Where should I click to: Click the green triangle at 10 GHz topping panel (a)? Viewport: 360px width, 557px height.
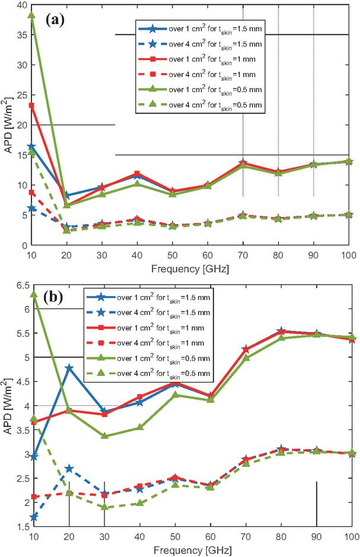pos(31,15)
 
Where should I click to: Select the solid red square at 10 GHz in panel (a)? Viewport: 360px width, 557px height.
pos(31,106)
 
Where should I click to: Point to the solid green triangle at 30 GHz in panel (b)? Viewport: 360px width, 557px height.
pos(104,436)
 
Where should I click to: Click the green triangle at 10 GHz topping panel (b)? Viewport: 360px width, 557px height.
pos(31,294)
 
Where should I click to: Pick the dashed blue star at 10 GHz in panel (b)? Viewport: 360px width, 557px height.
pos(31,517)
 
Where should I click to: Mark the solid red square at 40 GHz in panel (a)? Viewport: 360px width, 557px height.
pos(137,173)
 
